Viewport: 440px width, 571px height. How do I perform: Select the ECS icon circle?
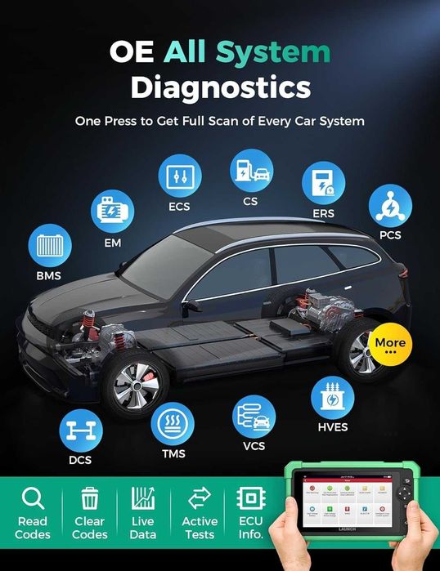(178, 176)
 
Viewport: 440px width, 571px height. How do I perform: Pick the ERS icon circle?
(323, 184)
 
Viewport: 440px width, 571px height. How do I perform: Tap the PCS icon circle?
(389, 207)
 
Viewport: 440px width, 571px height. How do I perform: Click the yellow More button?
(390, 345)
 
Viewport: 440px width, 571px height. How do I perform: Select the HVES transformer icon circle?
(333, 399)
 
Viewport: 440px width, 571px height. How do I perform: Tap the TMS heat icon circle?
(173, 425)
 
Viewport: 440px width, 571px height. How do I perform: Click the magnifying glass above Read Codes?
(33, 498)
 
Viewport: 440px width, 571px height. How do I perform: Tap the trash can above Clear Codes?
(89, 498)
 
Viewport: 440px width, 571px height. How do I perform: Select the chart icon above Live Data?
(143, 498)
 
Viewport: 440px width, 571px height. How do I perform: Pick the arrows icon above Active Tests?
(200, 498)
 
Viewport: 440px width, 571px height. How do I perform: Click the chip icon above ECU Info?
(249, 498)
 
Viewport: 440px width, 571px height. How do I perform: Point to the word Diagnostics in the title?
(220, 87)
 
